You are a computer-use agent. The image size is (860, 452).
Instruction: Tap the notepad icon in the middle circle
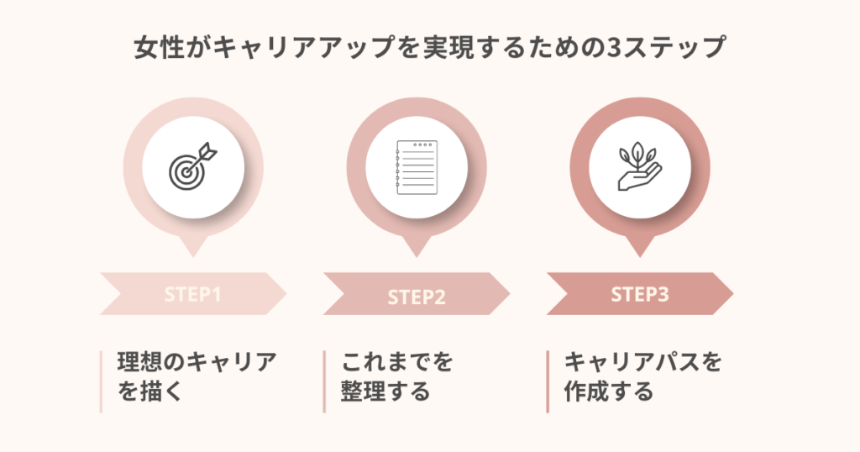[416, 166]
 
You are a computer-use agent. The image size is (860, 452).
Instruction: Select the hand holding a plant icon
[639, 166]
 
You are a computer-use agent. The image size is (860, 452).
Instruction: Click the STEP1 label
[192, 295]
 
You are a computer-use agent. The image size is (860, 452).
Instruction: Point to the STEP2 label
[416, 297]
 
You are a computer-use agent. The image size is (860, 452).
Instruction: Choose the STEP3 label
[639, 295]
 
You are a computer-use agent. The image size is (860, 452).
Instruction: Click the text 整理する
[385, 392]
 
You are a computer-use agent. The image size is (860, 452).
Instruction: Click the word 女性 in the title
[157, 47]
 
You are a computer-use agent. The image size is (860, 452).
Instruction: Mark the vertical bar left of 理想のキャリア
[101, 381]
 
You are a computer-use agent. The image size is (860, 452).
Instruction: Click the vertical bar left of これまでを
[324, 381]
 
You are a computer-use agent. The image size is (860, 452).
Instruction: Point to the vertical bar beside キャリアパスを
[548, 381]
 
